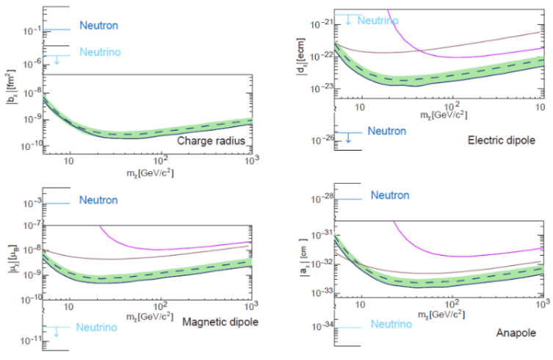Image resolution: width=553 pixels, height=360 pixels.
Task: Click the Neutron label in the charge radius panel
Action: point(98,26)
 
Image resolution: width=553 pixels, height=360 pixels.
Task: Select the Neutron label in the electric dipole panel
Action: point(386,131)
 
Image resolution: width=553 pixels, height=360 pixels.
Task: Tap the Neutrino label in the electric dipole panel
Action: point(377,20)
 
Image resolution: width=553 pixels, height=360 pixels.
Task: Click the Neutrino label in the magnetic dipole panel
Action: point(98,326)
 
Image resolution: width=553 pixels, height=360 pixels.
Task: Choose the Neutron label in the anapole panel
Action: point(390,195)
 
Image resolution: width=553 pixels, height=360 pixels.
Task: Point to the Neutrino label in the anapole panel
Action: point(391,324)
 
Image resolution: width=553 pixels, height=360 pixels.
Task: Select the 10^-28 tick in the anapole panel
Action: point(322,198)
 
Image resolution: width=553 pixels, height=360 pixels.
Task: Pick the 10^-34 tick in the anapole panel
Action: point(322,326)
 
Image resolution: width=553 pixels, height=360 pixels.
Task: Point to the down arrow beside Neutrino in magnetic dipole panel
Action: point(56,332)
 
